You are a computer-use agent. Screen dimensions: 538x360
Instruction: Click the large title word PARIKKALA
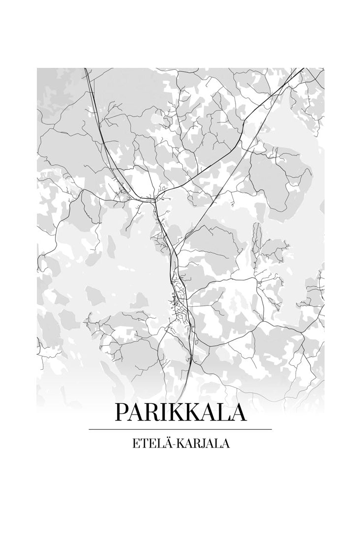tap(180, 412)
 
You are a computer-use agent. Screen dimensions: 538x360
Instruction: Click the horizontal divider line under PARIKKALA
tap(180, 429)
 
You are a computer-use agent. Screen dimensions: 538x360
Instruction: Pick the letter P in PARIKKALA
tap(121, 412)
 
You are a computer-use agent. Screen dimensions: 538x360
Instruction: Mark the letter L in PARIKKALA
tap(220, 412)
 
